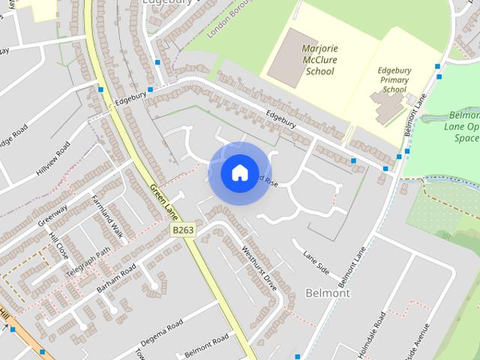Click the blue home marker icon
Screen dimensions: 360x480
[x=239, y=173]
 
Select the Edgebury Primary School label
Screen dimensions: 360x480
[x=394, y=79]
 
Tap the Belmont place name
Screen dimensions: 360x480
[x=328, y=292]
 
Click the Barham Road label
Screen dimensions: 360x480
[x=116, y=279]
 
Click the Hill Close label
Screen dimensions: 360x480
[x=58, y=245]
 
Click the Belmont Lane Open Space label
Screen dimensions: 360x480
[x=463, y=127]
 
